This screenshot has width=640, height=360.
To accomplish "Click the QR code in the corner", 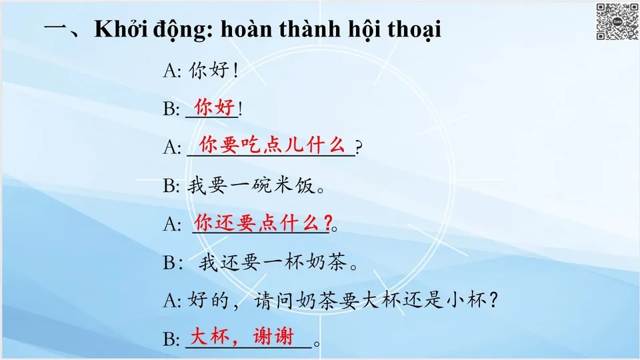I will coord(616,21).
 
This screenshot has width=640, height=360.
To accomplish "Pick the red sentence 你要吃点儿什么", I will coord(272,143).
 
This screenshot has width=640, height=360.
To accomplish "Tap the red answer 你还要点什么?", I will coord(262,221).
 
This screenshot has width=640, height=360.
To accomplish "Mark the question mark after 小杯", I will coord(493,301).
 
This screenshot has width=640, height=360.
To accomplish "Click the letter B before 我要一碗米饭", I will coord(169,186).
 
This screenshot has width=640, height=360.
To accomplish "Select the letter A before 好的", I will coord(169,301).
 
